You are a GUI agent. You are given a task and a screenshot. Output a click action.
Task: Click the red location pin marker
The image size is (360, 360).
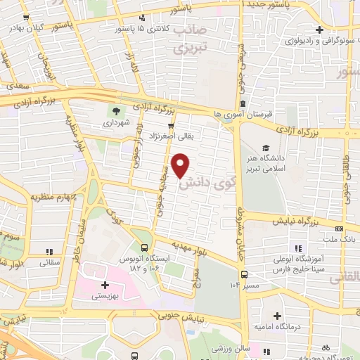tap(181, 165)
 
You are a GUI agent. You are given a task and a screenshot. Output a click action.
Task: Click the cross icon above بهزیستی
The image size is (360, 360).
tap(105, 285)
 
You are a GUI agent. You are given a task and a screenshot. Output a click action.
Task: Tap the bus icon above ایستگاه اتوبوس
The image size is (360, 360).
tap(144, 247)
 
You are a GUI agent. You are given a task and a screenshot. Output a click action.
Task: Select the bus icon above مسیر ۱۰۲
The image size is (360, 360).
tap(244, 274)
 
